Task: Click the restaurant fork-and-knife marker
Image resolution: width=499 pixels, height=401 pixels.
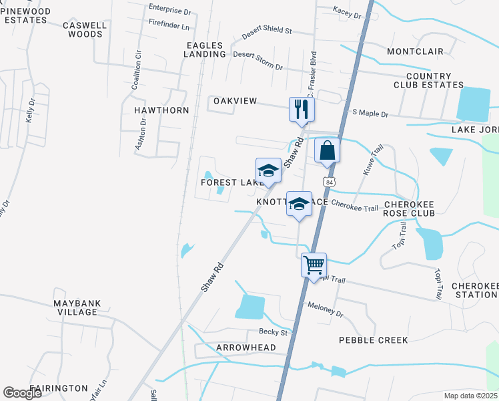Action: [x=302, y=109]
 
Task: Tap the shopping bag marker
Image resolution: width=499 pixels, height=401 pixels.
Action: [x=328, y=150]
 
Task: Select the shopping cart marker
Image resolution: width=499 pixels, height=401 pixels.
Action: [x=313, y=265]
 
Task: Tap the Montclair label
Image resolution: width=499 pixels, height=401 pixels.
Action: [x=411, y=51]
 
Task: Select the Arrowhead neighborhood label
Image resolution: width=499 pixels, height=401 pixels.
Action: [x=245, y=348]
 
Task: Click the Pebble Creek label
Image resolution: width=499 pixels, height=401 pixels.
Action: [x=373, y=340]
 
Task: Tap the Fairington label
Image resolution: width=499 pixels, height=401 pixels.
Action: [x=58, y=388]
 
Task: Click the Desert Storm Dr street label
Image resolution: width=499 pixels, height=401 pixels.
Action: [x=258, y=61]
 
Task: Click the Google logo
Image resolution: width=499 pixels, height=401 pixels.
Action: [x=22, y=392]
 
